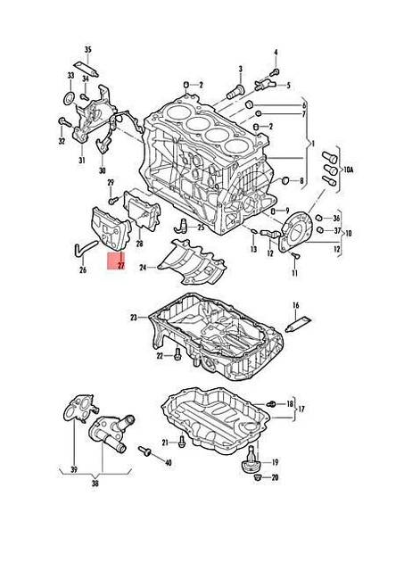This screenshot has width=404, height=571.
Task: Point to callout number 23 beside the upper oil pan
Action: pos(134,318)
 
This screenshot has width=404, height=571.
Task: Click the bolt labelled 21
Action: pos(181,441)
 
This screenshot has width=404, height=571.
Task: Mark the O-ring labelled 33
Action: pos(70,95)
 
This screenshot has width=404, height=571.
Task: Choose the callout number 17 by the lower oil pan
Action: pos(301,410)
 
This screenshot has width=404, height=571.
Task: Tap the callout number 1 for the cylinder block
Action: pos(310,143)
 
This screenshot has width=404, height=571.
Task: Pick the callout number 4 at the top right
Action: pos(275,54)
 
